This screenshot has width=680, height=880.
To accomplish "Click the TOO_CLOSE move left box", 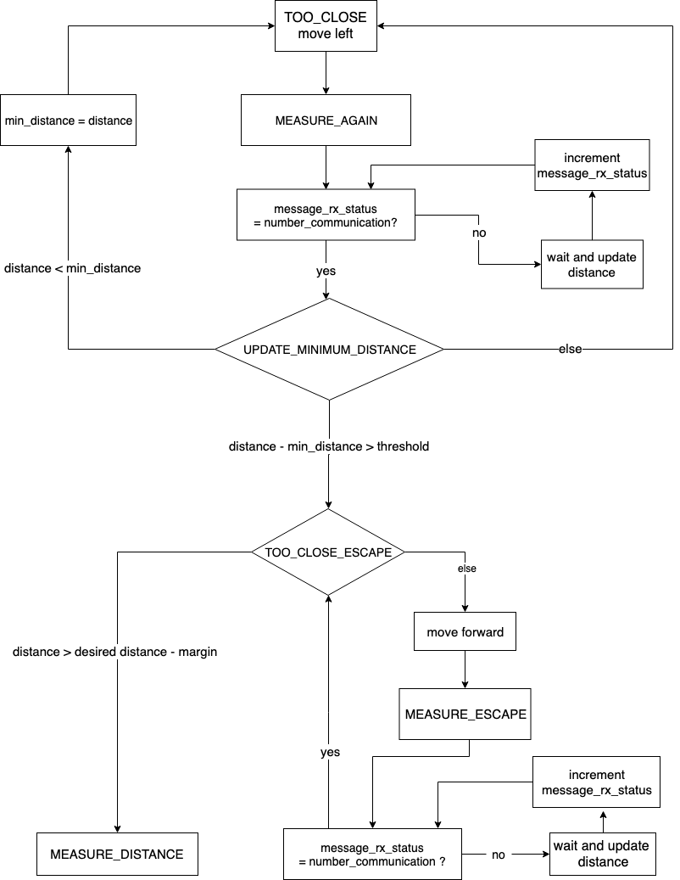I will click(326, 25).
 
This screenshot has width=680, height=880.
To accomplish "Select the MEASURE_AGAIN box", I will click(326, 121).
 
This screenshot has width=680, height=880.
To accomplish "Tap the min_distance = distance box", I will click(68, 121).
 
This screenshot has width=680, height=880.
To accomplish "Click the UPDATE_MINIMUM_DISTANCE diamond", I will click(329, 350).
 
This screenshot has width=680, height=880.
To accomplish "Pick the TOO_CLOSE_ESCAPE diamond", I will click(328, 552).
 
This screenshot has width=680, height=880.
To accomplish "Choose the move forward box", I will click(465, 632).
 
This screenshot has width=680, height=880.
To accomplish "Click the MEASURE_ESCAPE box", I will click(465, 714).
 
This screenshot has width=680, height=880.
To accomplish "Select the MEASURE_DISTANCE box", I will click(117, 854).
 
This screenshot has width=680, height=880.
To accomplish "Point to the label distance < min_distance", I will click(72, 268).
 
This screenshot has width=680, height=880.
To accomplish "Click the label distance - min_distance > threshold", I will click(329, 446).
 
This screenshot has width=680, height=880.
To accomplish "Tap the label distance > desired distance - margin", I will click(114, 652).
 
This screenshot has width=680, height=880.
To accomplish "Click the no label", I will click(479, 233).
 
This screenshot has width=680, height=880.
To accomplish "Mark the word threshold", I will click(403, 446).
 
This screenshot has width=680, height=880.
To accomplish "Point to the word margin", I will click(198, 652).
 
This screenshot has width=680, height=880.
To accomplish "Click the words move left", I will click(326, 34).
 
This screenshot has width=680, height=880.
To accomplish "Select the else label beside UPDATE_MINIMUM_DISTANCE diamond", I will click(570, 349).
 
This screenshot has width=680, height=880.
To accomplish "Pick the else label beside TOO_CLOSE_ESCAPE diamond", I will click(467, 569).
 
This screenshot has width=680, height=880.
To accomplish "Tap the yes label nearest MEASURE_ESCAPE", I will click(330, 752).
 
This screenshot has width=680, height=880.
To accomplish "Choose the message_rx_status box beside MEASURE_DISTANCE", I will click(372, 855).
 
